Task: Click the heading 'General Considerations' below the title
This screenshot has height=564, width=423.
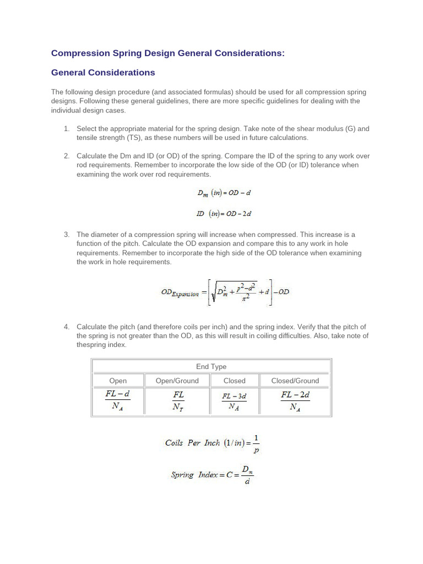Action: (103, 73)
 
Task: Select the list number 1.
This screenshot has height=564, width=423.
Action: (66, 129)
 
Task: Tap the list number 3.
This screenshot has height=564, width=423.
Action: (66, 235)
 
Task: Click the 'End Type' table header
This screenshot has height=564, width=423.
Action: (211, 366)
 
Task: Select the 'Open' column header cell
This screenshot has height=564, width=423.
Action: (118, 381)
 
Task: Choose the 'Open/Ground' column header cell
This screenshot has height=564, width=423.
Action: (177, 381)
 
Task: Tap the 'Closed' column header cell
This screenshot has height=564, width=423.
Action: (235, 381)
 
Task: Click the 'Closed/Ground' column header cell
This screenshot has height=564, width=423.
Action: (295, 381)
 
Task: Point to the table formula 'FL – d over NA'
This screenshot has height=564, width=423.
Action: (118, 401)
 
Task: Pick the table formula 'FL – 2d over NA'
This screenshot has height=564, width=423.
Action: (295, 401)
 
